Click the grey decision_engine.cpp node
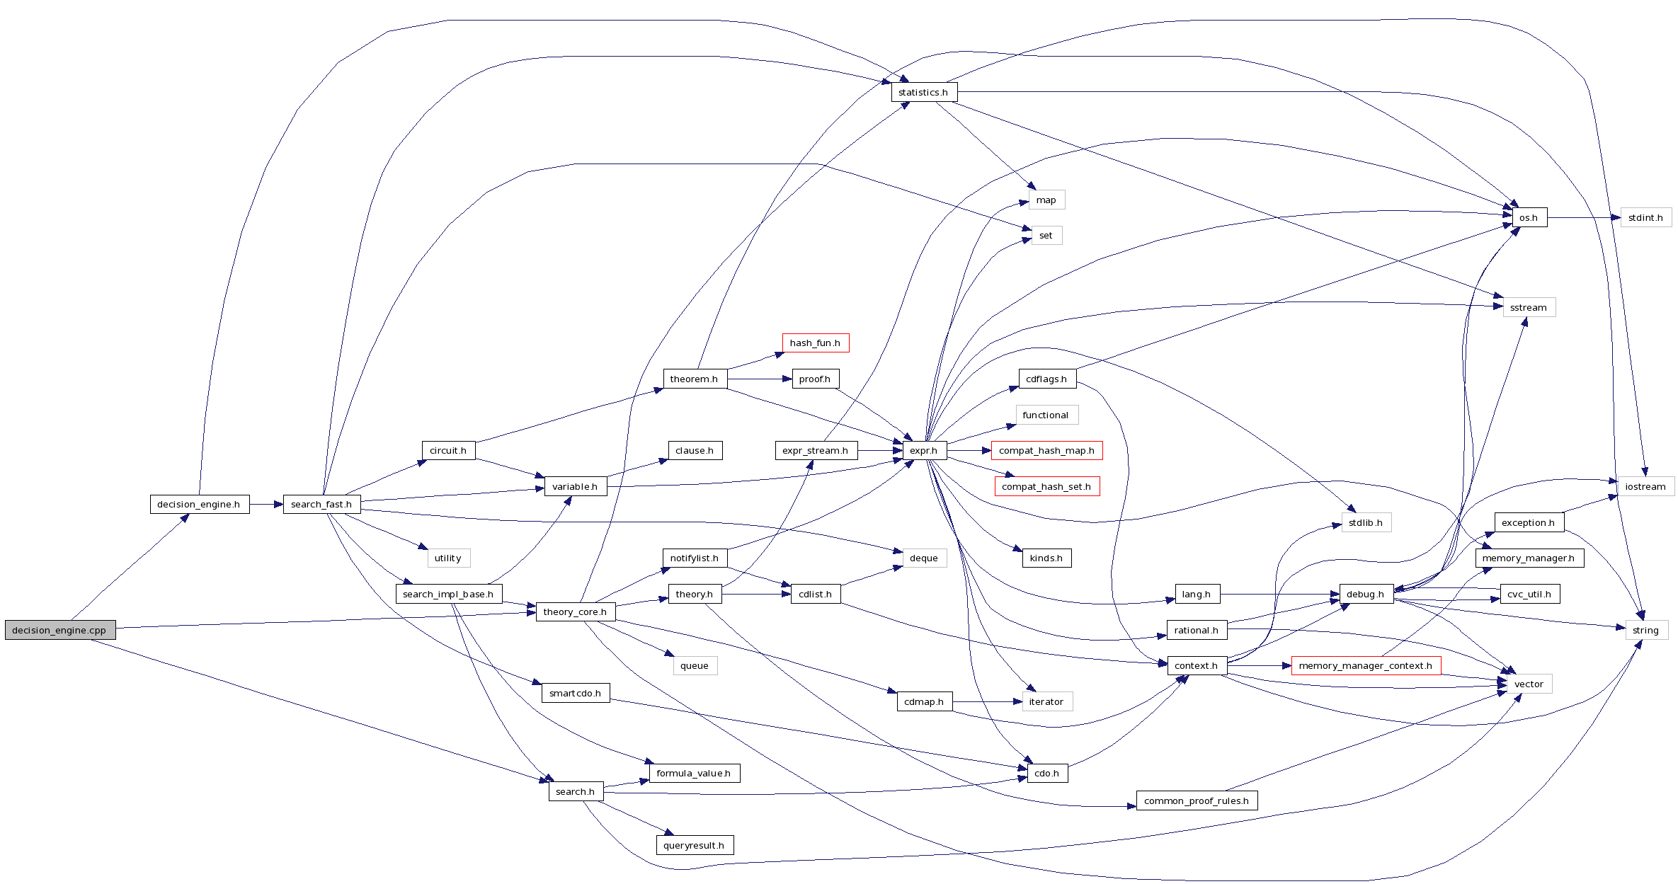(59, 630)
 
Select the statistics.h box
(923, 92)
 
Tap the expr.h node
(924, 450)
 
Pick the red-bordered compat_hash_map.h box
(1046, 450)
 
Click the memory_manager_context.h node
(1365, 665)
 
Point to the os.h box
(1529, 217)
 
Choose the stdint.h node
(1645, 217)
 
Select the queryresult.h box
(694, 845)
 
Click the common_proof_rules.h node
(1197, 800)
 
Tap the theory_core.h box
(575, 612)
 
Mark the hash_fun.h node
(815, 343)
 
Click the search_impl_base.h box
(448, 594)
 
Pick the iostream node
(1645, 486)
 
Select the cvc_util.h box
(1529, 594)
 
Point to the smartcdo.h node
(575, 693)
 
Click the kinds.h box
(1046, 558)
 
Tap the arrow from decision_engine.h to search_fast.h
(266, 504)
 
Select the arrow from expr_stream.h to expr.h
(880, 450)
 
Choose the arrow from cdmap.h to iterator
(988, 701)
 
